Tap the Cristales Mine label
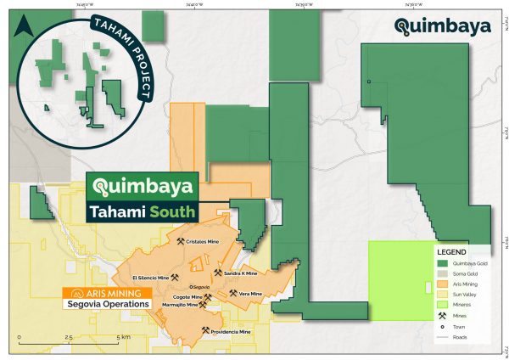tap(209, 242)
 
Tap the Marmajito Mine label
tap(179, 305)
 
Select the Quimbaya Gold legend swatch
tap(442, 264)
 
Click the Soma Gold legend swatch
tap(442, 274)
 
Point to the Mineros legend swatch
tap(442, 305)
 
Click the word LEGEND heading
tap(450, 252)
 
